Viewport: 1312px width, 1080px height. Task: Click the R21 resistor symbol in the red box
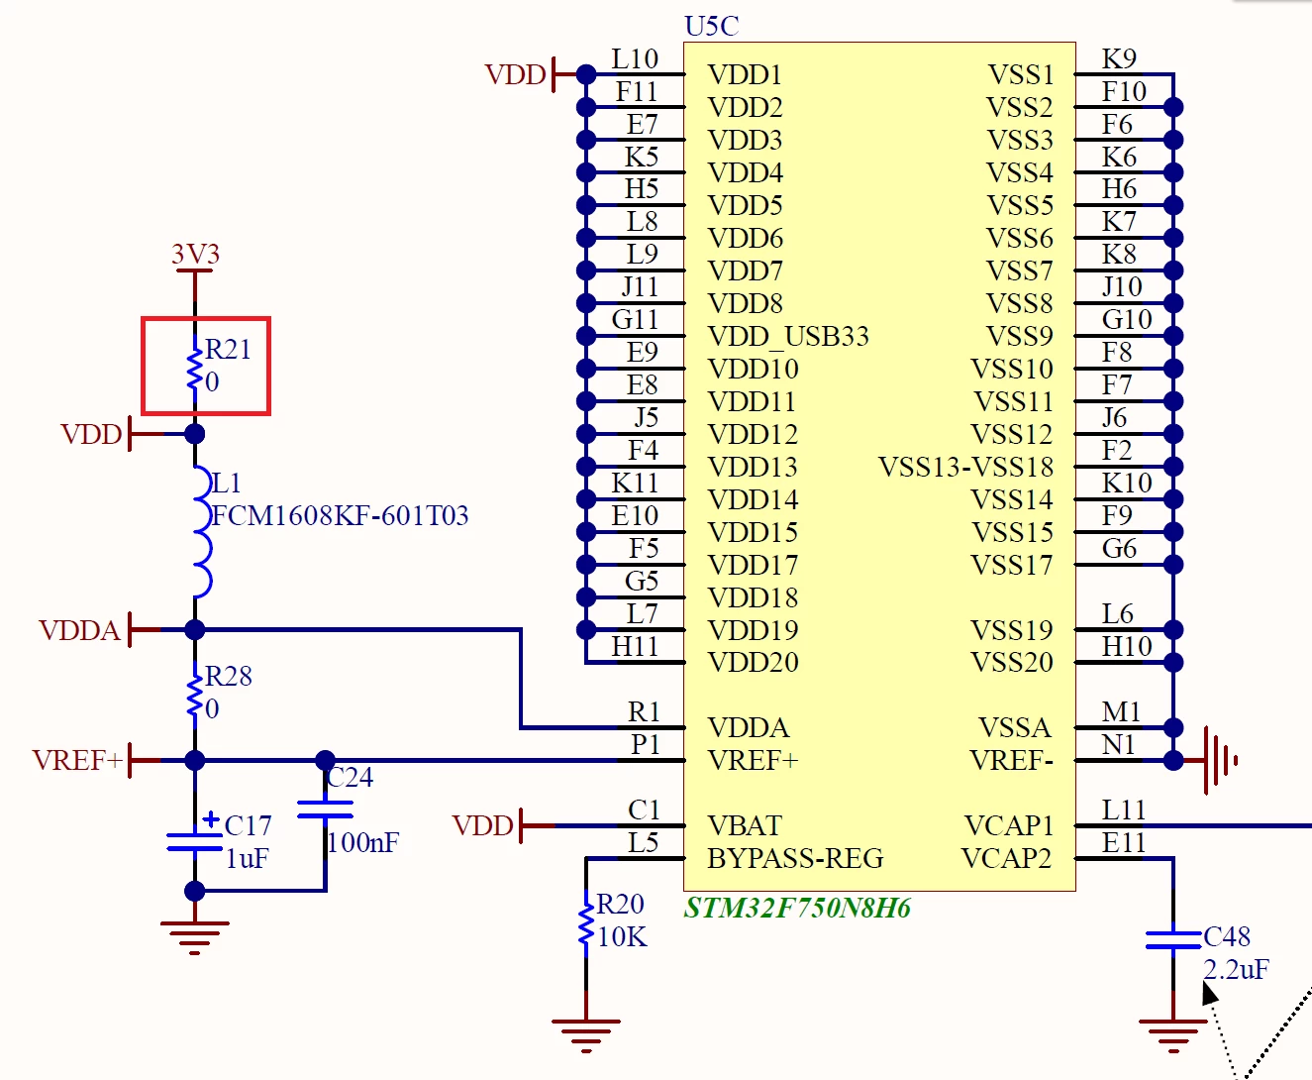(x=195, y=368)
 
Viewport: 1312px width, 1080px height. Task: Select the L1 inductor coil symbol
(x=203, y=532)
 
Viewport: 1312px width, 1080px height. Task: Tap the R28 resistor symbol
(x=195, y=694)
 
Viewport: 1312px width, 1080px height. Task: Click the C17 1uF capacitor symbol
(x=195, y=841)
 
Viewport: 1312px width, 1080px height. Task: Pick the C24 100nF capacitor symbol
(x=325, y=810)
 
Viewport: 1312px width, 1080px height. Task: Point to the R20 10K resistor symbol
(x=585, y=922)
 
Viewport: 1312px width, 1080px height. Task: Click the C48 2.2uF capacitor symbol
(x=1172, y=940)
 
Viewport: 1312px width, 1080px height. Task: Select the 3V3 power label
(x=195, y=254)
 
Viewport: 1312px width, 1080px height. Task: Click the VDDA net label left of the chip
(x=79, y=630)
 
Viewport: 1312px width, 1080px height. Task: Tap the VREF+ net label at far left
(x=77, y=760)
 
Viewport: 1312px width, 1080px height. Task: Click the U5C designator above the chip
(x=712, y=26)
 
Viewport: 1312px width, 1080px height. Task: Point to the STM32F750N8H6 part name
(x=797, y=908)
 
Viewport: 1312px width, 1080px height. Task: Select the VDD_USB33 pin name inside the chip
(x=788, y=337)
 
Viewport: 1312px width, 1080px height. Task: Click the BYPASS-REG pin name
(x=795, y=858)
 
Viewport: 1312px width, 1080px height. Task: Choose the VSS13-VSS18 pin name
(x=965, y=467)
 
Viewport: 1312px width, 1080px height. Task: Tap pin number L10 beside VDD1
(x=635, y=58)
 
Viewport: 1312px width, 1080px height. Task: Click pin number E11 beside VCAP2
(x=1124, y=843)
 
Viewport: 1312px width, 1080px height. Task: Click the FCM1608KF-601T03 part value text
(x=340, y=515)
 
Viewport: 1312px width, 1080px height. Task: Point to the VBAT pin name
(x=744, y=826)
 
